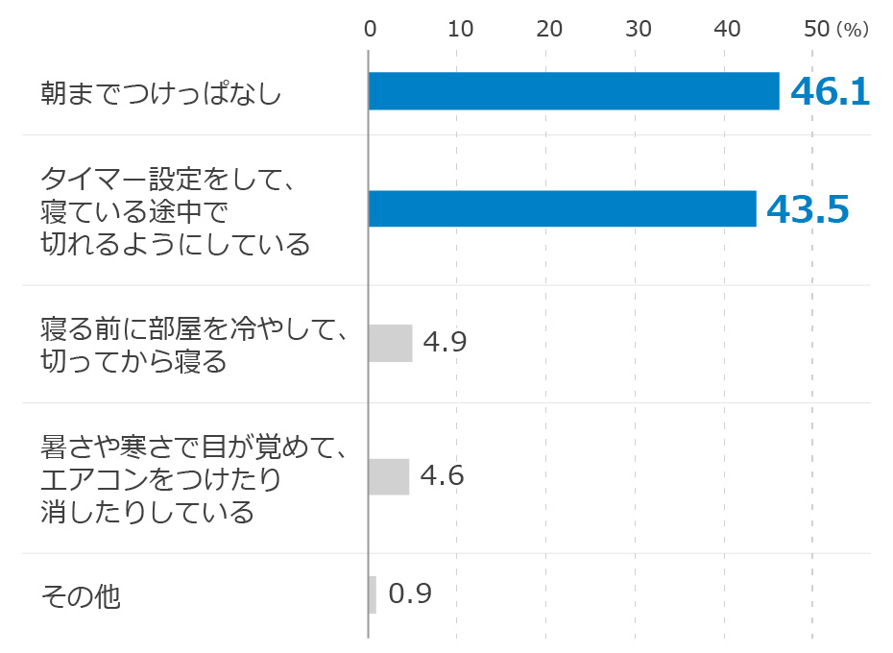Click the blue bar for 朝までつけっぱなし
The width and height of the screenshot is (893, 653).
click(573, 91)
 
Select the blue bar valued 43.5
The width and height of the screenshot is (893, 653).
click(562, 208)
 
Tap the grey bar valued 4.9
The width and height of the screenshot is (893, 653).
click(390, 343)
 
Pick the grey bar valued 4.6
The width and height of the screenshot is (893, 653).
click(389, 476)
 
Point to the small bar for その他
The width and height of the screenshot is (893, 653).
click(373, 594)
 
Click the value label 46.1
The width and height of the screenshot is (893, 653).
click(830, 91)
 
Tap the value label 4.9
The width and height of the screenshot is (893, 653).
click(445, 343)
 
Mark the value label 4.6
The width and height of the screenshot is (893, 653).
click(442, 476)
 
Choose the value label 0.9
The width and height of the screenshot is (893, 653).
click(410, 594)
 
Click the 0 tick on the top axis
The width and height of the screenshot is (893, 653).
click(370, 30)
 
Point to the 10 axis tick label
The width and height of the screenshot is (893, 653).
click(461, 30)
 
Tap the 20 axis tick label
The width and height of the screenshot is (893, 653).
click(549, 30)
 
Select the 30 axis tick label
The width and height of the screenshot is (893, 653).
click(639, 30)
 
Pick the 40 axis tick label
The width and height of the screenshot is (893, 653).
click(728, 30)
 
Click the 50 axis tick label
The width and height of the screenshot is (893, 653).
click(816, 30)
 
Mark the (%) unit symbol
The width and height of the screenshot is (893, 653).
click(852, 31)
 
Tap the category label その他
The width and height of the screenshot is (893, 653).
click(81, 596)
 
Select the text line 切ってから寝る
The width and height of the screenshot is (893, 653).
click(133, 362)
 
